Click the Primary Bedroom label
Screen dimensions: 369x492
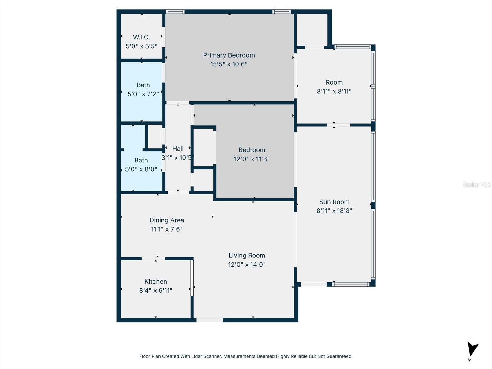(x=229, y=55)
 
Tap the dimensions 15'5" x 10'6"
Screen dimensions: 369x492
(x=229, y=64)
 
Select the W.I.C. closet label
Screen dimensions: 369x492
(x=141, y=37)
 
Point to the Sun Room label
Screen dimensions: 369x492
(x=334, y=202)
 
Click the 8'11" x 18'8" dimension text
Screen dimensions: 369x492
(x=334, y=211)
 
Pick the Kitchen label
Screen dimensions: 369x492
(x=156, y=282)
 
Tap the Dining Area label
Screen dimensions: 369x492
(x=167, y=220)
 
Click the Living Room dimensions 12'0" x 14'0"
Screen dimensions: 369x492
(x=247, y=264)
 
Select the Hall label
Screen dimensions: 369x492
(x=178, y=149)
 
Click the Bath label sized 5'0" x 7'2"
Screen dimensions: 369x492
(x=143, y=85)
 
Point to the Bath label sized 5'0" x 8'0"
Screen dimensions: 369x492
(x=141, y=160)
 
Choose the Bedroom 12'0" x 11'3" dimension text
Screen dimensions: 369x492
(x=252, y=159)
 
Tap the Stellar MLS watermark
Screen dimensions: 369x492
(x=476, y=184)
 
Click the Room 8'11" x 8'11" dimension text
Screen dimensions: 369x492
(x=334, y=91)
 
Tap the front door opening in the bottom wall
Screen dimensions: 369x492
(x=209, y=320)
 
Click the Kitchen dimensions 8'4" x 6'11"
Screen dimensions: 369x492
(x=156, y=291)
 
